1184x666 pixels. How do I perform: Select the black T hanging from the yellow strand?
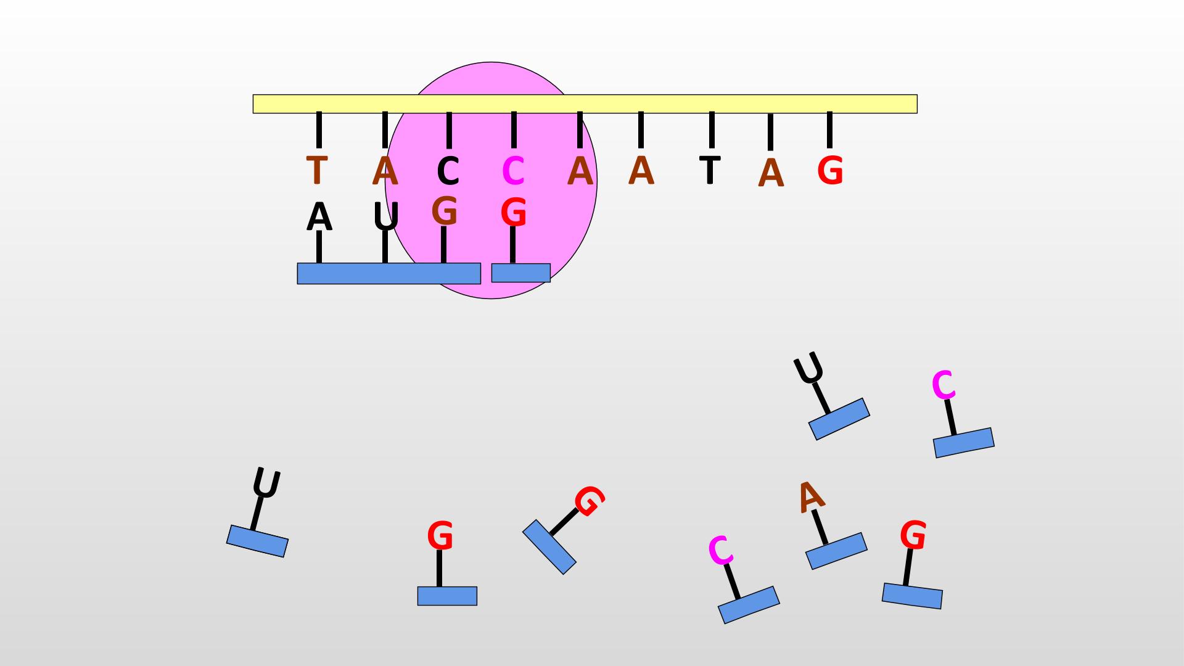tap(710, 170)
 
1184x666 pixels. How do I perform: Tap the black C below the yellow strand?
tap(448, 171)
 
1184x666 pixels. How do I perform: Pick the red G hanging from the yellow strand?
tap(830, 170)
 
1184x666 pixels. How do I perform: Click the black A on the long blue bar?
tap(319, 216)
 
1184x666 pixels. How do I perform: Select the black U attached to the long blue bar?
tap(386, 216)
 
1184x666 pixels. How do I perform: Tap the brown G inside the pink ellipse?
tap(444, 211)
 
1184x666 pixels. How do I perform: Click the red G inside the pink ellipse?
tap(513, 213)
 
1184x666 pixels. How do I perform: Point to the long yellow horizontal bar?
tap(585, 104)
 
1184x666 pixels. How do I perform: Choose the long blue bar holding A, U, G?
tap(388, 273)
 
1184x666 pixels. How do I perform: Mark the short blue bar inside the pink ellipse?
tap(520, 273)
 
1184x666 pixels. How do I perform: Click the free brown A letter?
tap(810, 496)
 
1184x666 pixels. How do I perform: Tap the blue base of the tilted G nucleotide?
tap(549, 546)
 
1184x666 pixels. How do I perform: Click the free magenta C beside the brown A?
tap(720, 550)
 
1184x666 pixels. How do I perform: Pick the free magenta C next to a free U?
tap(943, 385)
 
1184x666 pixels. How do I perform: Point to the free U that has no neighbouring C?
tap(266, 483)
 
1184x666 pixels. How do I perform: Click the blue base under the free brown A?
tap(836, 551)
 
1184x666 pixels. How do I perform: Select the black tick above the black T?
tap(712, 129)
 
